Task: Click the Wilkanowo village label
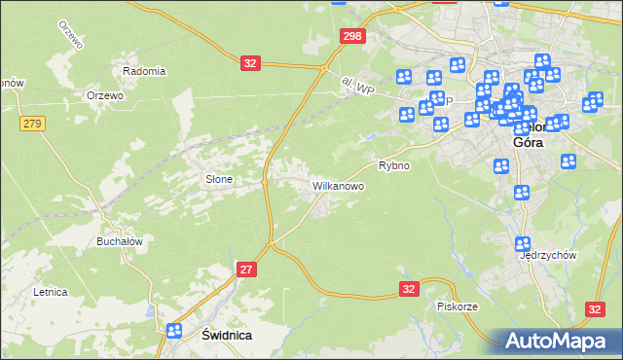(338, 185)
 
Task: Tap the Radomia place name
(144, 71)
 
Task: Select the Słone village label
(218, 179)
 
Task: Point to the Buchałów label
(121, 241)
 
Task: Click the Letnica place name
(50, 291)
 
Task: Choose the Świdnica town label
(226, 335)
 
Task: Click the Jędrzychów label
(549, 255)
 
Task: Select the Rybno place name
(393, 165)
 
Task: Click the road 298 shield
(352, 36)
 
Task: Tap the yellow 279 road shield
(32, 123)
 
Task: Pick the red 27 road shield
(246, 270)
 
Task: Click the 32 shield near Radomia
(251, 62)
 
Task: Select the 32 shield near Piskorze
(409, 289)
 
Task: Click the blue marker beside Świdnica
(174, 331)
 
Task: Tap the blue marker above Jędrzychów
(523, 243)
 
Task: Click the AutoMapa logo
(558, 341)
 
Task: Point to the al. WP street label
(358, 88)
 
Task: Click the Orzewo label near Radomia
(104, 95)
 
